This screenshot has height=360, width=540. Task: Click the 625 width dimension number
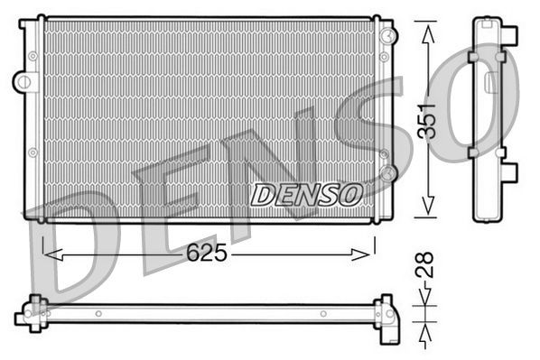[208, 254]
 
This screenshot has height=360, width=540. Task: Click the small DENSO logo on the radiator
[306, 193]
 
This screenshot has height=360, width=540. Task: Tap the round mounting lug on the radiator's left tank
[21, 81]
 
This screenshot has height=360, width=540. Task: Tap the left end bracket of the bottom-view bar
[33, 312]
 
